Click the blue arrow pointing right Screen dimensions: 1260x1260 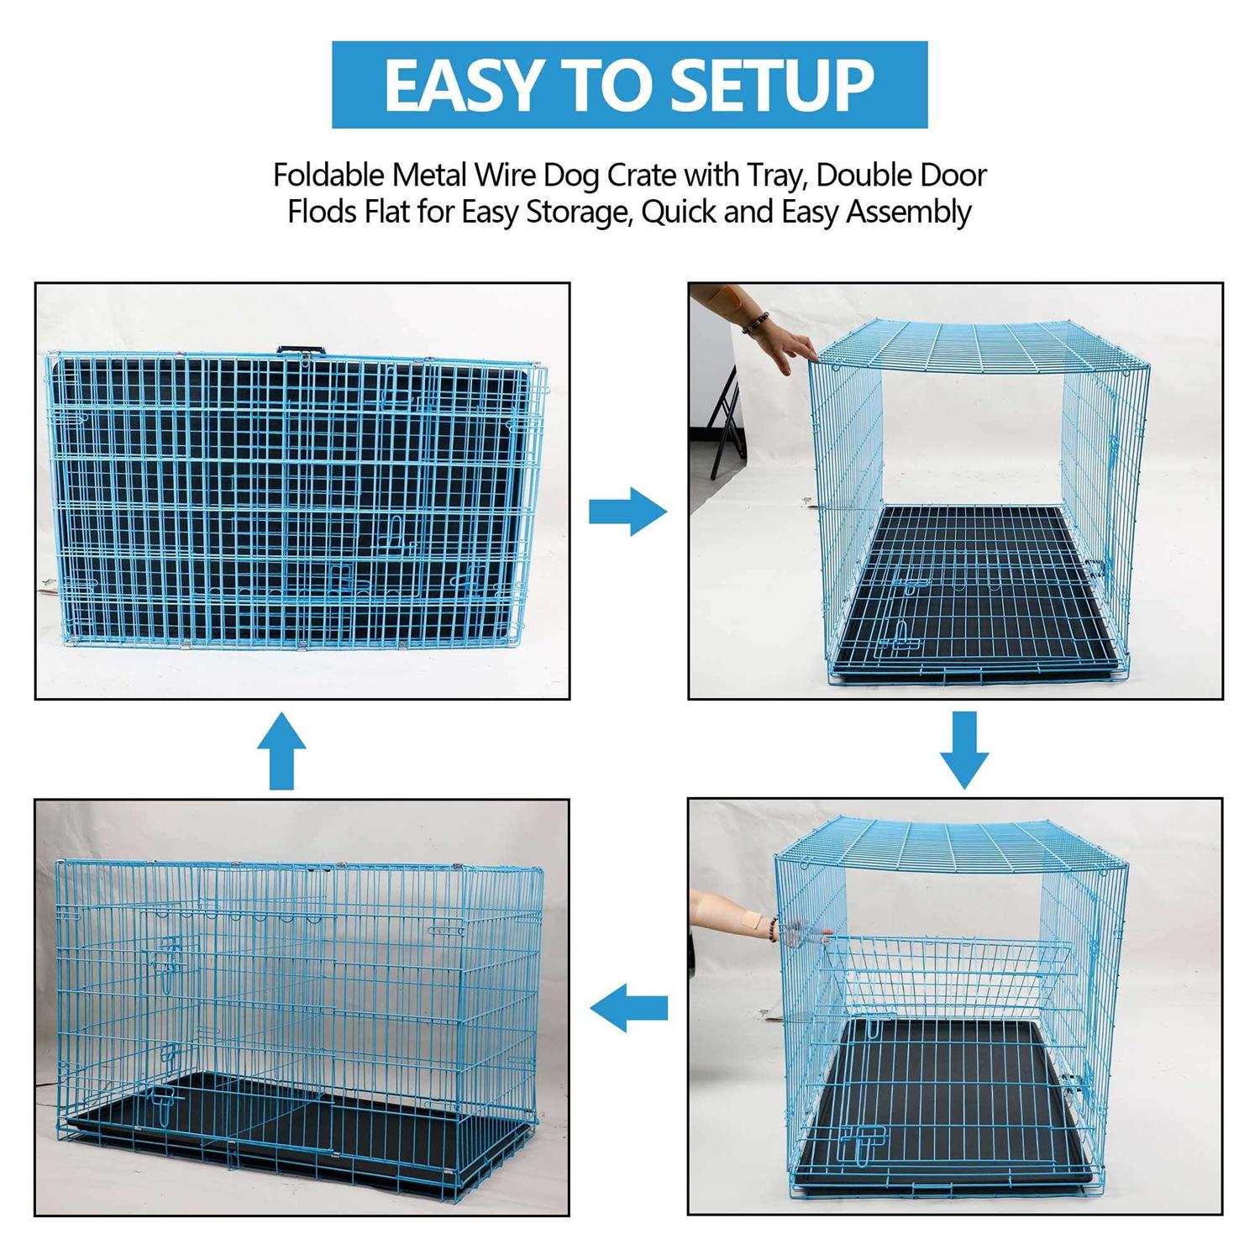tap(627, 511)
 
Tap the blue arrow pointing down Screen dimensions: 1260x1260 tap(964, 749)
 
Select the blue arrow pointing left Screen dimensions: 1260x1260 tap(628, 1007)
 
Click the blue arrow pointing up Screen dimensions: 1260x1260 tap(281, 750)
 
